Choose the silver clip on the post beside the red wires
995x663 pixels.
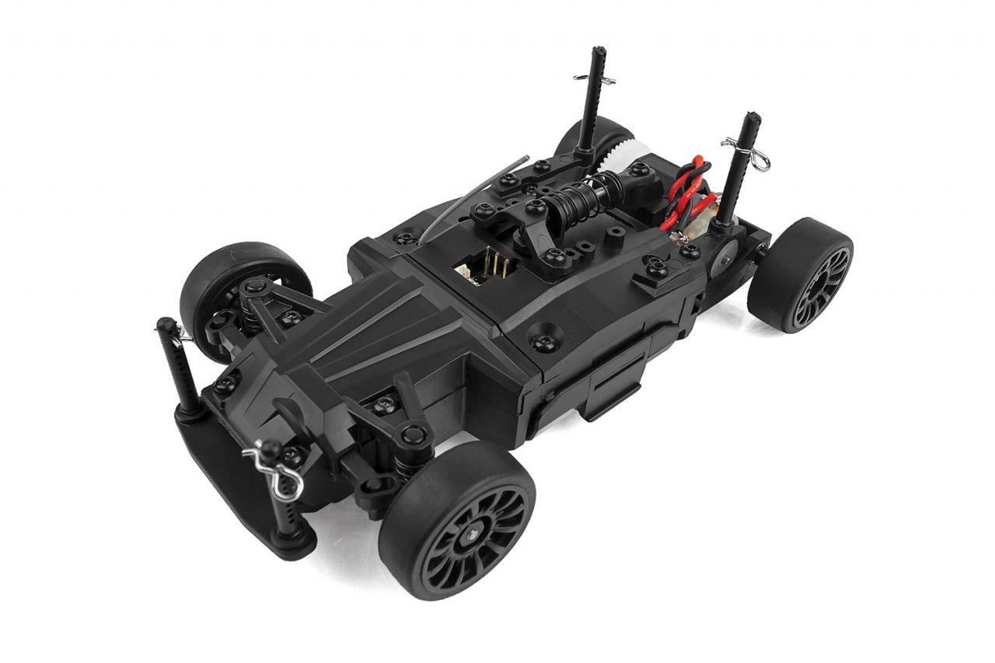[746, 152]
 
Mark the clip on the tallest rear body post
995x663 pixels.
[595, 79]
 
